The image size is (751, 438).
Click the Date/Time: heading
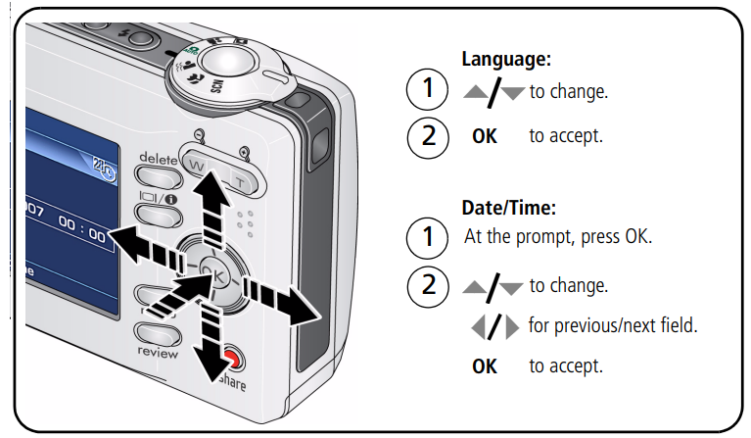509,208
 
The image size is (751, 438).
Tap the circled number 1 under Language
426,92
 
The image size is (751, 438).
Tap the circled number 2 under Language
426,135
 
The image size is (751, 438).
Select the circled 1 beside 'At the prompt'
426,238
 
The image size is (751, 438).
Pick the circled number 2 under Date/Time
426,286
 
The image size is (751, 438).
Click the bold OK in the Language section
485,136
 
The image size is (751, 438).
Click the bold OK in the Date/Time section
485,366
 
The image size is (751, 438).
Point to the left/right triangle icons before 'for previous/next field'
495,326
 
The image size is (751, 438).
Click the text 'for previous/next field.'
612,325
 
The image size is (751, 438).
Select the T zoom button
239,179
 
